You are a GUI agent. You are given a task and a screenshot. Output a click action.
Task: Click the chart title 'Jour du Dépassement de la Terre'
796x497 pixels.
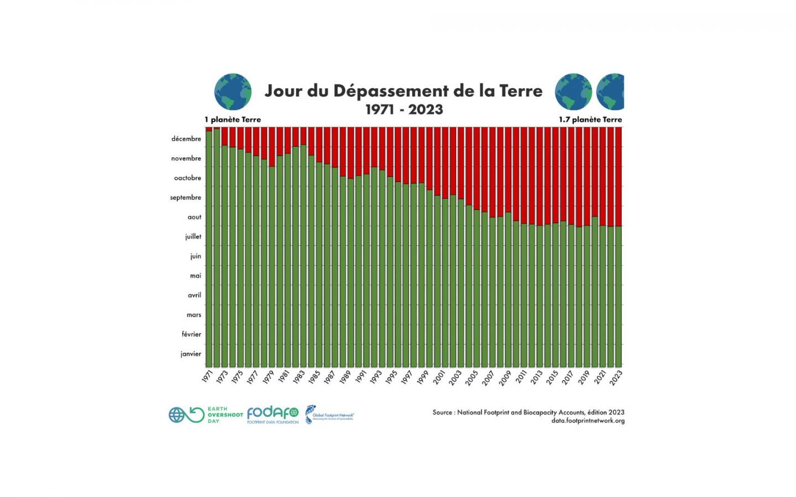404,91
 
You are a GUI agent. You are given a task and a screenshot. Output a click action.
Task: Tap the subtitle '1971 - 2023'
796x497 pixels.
404,109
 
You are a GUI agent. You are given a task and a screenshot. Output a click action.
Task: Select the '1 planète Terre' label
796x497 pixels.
233,119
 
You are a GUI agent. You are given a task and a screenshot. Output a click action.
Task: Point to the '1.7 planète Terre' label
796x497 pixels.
590,119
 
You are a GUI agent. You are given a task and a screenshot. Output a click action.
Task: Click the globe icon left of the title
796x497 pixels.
233,92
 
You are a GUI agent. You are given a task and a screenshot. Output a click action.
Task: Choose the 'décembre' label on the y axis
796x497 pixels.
186,139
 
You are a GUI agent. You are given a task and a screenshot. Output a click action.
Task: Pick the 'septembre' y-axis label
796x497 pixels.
186,198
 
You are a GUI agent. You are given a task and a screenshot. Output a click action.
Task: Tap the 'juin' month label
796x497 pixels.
196,256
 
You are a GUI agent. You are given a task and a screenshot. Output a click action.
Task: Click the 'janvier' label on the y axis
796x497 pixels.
191,354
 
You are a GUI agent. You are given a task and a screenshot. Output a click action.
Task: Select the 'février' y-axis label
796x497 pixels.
191,334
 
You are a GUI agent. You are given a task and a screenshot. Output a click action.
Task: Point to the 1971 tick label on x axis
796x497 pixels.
207,377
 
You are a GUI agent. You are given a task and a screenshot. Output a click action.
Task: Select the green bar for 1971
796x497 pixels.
209,248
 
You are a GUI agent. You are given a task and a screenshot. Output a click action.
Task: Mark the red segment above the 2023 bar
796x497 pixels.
619,176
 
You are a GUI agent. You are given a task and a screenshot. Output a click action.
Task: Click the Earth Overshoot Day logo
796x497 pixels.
206,415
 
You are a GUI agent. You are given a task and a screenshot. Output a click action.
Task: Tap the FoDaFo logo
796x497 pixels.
273,415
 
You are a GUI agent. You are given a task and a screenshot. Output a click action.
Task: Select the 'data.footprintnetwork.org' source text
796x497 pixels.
588,421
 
